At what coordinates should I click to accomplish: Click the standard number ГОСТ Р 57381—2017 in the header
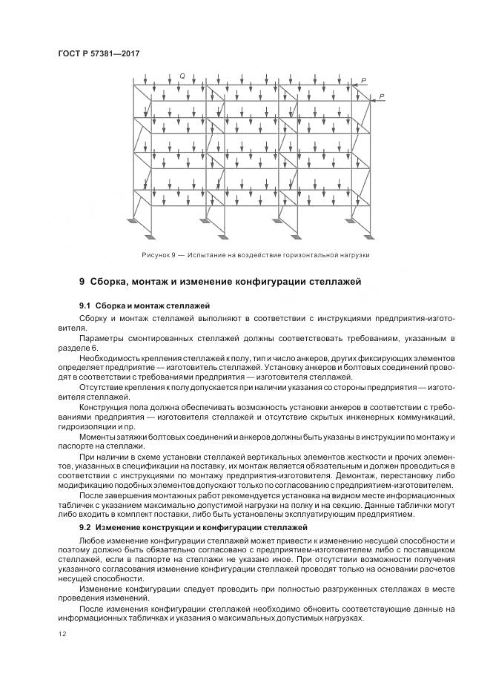click(x=98, y=53)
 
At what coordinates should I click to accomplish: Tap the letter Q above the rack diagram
click(x=182, y=75)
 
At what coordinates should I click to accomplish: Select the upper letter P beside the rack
click(x=363, y=80)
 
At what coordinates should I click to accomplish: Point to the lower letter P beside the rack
click(x=381, y=96)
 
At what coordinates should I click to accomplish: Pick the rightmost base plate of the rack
click(x=368, y=236)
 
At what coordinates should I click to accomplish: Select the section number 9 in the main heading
click(x=82, y=282)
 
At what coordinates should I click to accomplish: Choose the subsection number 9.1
click(x=85, y=305)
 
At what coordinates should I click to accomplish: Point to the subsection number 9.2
click(x=85, y=527)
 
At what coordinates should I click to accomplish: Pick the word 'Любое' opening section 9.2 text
click(x=91, y=542)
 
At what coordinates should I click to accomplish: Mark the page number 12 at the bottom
click(x=62, y=633)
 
